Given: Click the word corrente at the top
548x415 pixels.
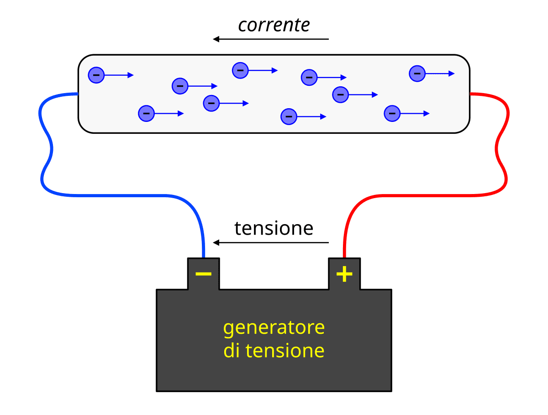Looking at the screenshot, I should [x=274, y=26].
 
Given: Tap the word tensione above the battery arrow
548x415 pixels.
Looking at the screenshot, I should [x=274, y=228].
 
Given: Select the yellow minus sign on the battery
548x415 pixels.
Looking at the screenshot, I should [x=203, y=274].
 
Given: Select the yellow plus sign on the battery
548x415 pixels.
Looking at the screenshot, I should [x=344, y=274].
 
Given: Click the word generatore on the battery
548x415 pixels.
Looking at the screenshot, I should [x=274, y=328].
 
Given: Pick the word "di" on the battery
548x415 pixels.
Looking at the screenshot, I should [x=232, y=351].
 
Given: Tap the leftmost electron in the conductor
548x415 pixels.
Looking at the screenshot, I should [x=96, y=75].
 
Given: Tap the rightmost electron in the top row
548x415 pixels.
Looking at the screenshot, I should [x=417, y=73].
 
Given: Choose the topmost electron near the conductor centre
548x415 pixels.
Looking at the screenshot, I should [x=240, y=70].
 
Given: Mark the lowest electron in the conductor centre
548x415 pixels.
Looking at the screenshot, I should [x=289, y=116].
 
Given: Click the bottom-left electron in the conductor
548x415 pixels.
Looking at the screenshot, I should [x=146, y=113].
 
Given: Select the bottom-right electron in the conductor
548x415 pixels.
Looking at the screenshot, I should [x=392, y=113].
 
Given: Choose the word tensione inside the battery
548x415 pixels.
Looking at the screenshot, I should [x=285, y=351].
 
